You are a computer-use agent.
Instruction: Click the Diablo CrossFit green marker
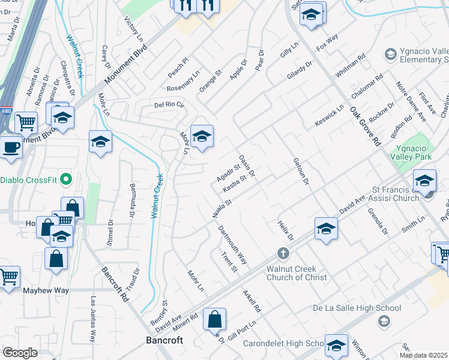click(66, 179)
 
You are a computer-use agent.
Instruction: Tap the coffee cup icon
click(10, 146)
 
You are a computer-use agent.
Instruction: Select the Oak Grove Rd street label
click(366, 126)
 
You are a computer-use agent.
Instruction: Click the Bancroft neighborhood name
click(164, 340)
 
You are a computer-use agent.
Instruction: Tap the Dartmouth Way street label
click(233, 245)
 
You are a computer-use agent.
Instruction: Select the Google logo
click(20, 353)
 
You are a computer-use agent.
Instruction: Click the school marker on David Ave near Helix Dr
click(326, 229)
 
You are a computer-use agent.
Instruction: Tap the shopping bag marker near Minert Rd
click(215, 319)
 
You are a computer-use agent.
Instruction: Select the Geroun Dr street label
click(301, 171)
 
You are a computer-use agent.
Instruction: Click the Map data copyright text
click(424, 355)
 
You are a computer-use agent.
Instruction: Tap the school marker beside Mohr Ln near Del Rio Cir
click(202, 136)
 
